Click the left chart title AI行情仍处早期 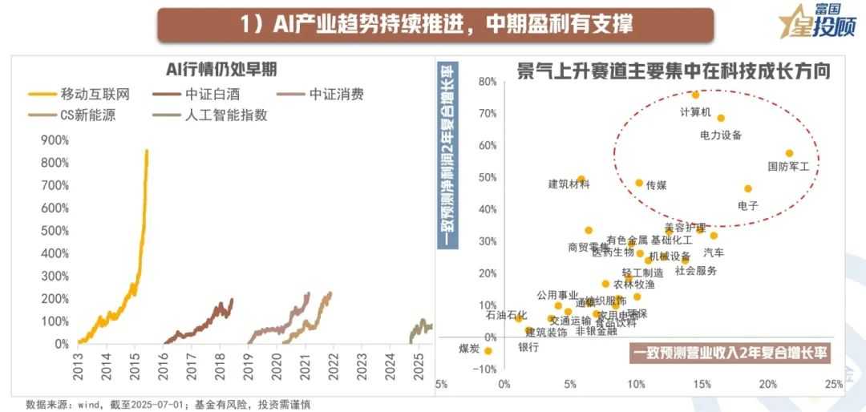221,67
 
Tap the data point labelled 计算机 695,95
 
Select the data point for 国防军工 789,153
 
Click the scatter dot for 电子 748,189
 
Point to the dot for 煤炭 488,350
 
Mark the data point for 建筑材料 581,180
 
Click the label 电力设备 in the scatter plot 721,135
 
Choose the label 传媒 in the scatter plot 656,184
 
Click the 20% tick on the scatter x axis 768,384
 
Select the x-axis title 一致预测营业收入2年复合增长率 730,352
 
